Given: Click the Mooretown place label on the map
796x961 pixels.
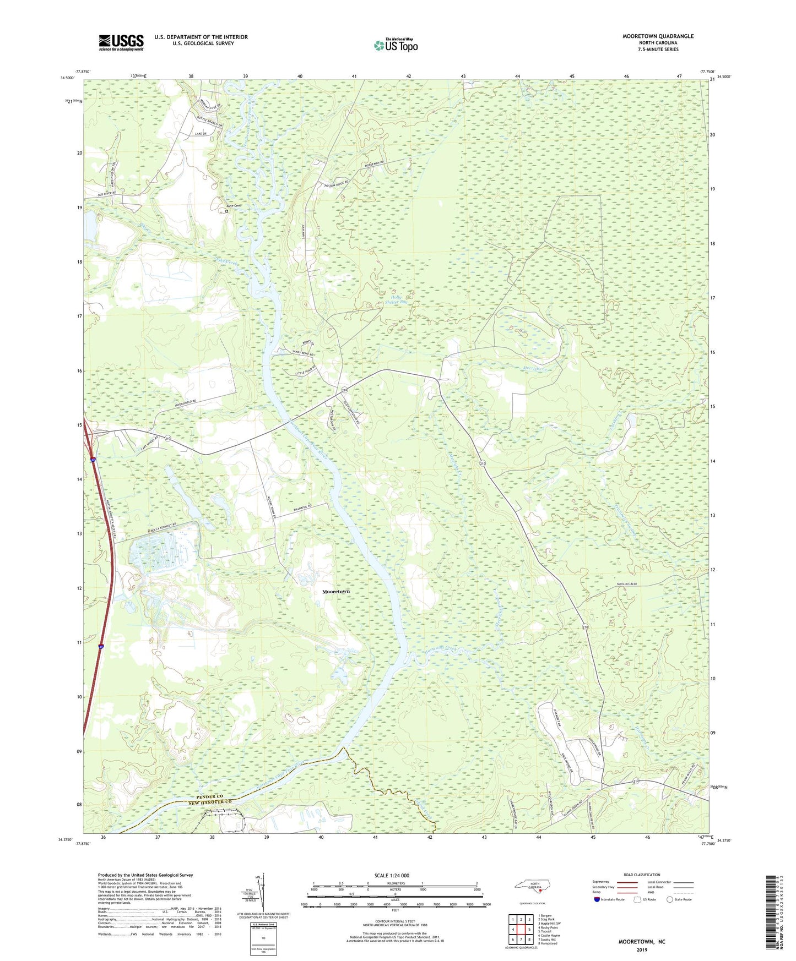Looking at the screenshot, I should coord(335,591).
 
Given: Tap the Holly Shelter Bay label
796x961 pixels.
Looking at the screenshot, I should coord(396,299).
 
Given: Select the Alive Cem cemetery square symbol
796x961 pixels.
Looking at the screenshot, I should coord(226,211).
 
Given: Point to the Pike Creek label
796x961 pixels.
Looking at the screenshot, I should coord(230,264).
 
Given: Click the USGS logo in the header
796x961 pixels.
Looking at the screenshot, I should coord(121,42).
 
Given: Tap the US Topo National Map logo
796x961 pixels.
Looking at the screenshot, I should coord(394,45).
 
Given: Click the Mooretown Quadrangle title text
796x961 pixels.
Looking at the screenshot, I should coord(658,36).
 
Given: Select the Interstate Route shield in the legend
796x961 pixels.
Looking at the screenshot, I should coord(597,899).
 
